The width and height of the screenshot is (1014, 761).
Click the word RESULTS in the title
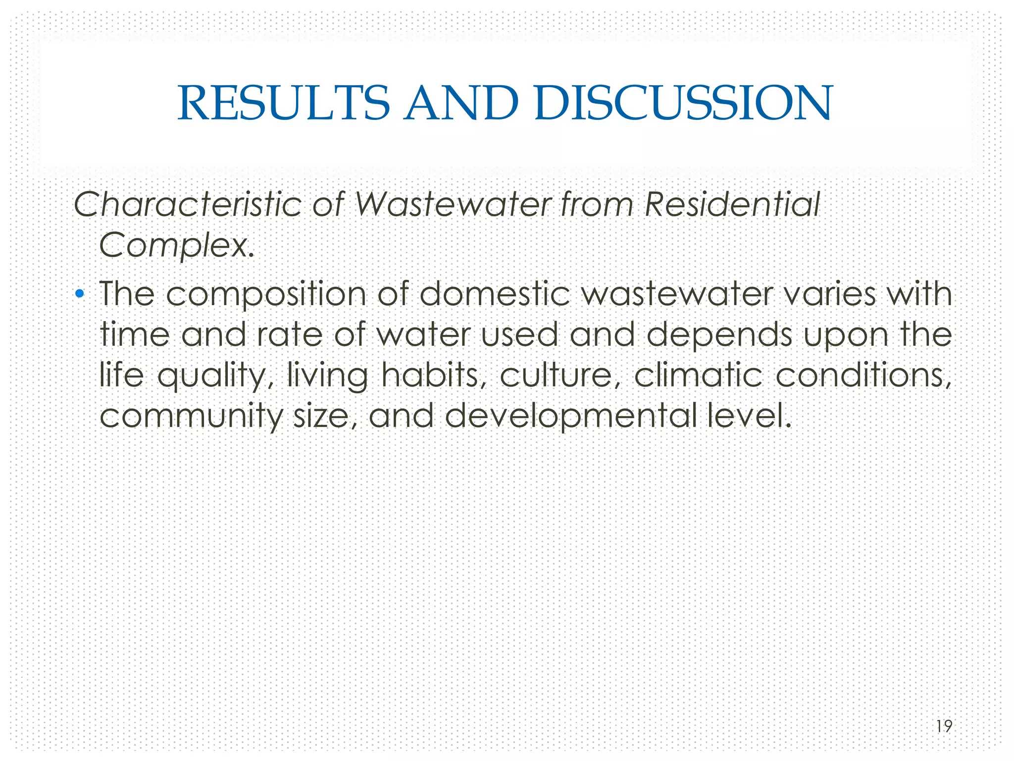[x=284, y=103]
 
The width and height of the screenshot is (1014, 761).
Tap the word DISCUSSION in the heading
[x=684, y=103]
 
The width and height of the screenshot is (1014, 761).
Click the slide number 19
[x=944, y=726]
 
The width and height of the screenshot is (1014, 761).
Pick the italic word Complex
[x=176, y=245]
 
